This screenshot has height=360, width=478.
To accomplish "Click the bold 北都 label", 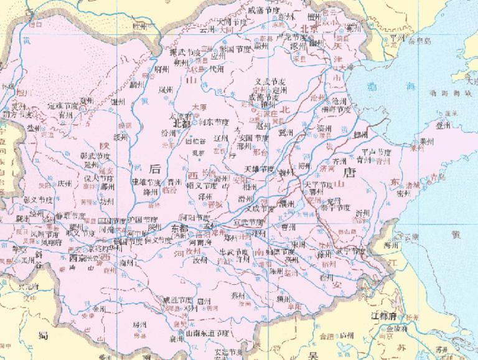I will (181, 123).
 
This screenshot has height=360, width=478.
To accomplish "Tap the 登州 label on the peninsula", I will (443, 125).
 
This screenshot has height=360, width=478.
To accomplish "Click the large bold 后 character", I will (156, 167).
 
